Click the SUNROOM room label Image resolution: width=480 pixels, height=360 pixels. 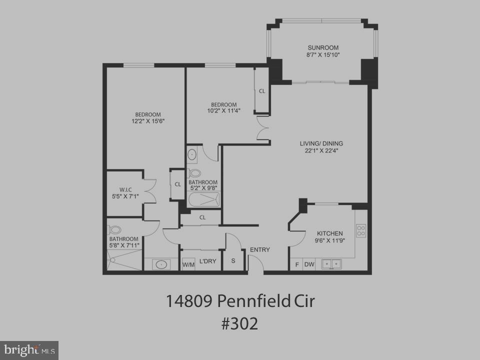click(323, 48)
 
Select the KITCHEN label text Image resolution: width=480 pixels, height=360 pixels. click(330, 233)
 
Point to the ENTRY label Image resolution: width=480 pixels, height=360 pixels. click(260, 250)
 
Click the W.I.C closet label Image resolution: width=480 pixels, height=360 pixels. click(125, 189)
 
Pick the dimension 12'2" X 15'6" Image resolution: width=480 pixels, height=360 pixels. click(148, 121)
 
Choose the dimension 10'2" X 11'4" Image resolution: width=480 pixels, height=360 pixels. click(223, 111)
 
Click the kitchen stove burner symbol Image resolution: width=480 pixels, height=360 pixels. click(360, 230)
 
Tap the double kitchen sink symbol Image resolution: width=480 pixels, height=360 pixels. click(331, 263)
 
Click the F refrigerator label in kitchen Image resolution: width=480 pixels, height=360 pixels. click(296, 264)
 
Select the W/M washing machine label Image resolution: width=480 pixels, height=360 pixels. click(188, 264)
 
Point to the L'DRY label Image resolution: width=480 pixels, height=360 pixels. click(207, 261)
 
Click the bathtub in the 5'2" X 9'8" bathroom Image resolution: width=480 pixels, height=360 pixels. click(204, 200)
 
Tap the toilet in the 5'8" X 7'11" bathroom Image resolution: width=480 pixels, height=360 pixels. click(115, 230)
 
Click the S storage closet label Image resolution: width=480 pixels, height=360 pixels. click(233, 261)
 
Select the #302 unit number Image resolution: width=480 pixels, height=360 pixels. click(240, 323)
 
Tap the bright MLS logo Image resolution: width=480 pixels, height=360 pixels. click(29, 349)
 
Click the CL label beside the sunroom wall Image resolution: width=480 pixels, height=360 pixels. click(262, 91)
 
